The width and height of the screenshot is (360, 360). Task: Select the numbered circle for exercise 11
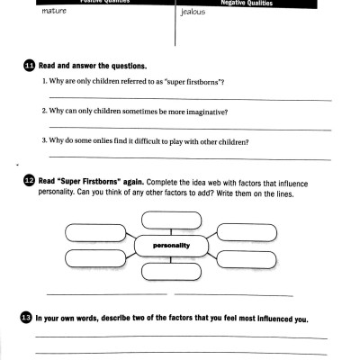point(30,67)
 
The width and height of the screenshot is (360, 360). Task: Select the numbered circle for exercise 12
point(30,181)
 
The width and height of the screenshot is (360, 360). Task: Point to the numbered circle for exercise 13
point(26,317)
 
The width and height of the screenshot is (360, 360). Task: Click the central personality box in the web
point(171,245)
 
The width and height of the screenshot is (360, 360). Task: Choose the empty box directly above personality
point(172,218)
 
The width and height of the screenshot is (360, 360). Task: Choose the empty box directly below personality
point(171,271)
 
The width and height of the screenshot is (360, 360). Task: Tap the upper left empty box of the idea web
point(94,233)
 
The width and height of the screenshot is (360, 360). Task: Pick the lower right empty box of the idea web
point(252,257)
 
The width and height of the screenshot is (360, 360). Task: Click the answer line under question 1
point(189,98)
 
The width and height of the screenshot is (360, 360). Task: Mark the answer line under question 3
point(189,158)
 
